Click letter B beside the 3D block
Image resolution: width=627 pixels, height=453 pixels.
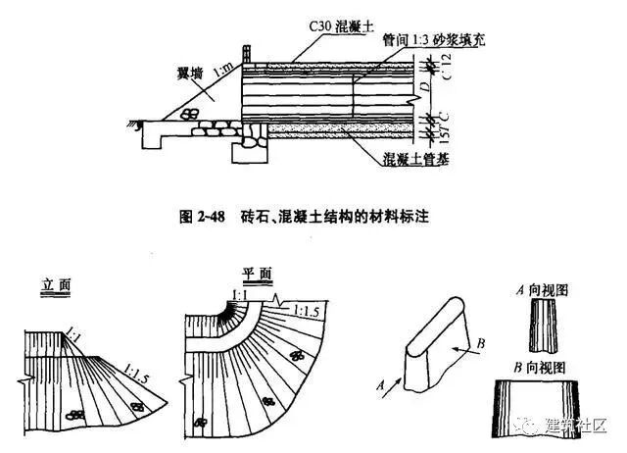click(482, 343)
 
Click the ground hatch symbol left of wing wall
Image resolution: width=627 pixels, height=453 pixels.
click(139, 121)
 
